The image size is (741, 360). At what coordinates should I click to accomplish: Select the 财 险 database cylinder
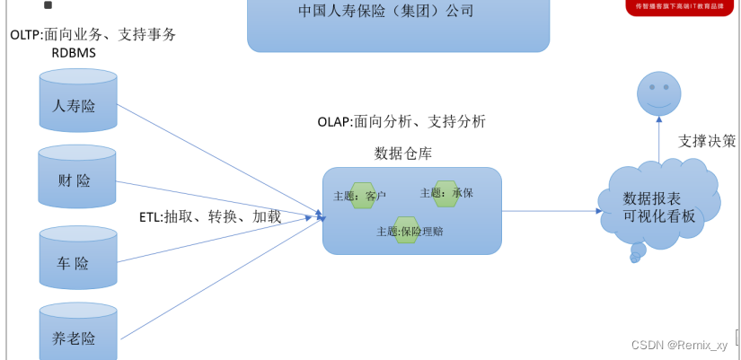[x=77, y=180]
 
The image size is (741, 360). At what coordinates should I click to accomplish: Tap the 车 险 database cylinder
[x=78, y=259]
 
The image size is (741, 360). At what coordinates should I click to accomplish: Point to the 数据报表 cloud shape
[x=659, y=207]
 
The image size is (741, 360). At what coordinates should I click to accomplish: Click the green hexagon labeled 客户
[x=363, y=196]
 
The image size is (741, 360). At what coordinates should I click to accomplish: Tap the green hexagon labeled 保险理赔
[x=407, y=230]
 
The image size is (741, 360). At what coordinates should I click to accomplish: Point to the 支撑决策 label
[x=707, y=141]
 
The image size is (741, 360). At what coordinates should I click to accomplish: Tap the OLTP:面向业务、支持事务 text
[x=93, y=34]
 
